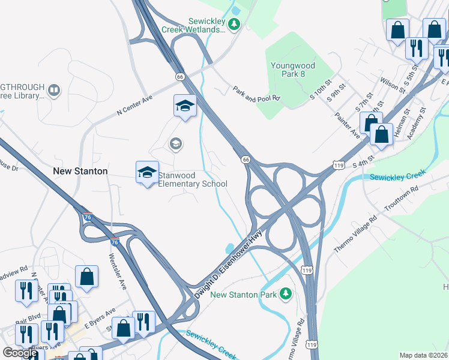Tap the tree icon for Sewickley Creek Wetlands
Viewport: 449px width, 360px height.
235,25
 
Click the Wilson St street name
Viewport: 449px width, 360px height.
393,84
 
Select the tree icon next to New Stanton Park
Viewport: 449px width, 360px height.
287,293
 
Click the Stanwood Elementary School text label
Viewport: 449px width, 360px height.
193,179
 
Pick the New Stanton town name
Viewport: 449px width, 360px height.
80,171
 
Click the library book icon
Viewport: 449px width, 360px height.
54,90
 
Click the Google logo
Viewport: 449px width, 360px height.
20,353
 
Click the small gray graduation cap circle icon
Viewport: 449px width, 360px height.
176,143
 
